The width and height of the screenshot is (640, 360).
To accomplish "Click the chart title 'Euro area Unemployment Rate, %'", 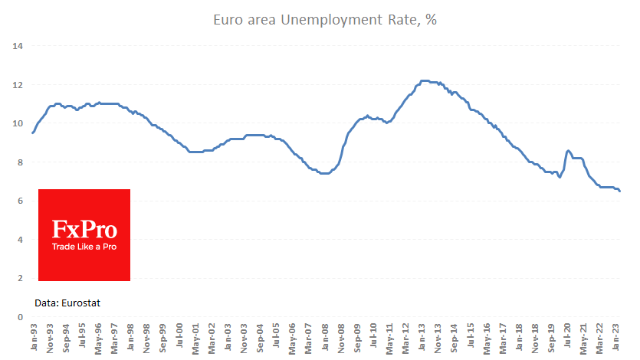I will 320,20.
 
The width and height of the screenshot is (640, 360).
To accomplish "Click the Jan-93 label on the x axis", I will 33,338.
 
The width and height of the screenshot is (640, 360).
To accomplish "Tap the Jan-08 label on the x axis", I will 326,338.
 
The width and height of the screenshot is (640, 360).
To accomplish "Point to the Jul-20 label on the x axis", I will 569,337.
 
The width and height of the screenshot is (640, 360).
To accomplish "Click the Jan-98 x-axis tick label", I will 130,338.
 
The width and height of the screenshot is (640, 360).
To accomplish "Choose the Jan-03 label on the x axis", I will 228,338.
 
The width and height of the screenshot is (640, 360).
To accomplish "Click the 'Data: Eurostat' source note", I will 67,303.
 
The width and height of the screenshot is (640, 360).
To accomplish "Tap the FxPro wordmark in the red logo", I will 84,228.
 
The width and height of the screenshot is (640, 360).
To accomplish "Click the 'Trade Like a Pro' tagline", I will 84,247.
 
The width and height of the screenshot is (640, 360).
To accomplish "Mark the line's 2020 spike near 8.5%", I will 568,150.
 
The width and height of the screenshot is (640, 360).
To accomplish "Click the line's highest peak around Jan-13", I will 424,80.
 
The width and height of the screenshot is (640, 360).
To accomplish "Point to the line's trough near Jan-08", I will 325,174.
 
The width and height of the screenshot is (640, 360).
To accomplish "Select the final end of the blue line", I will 620,191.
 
